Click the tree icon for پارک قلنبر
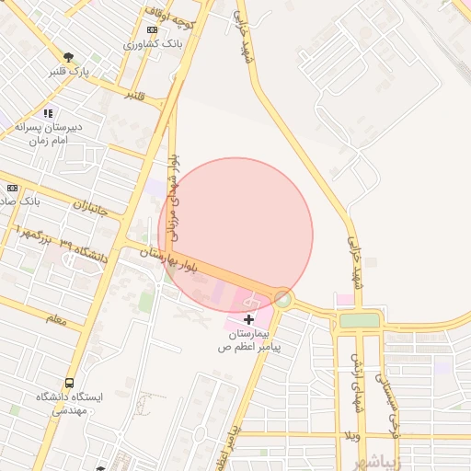point(67,57)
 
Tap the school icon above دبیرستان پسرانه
point(48,113)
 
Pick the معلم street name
point(55,318)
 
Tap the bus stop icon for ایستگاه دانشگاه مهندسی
point(70,383)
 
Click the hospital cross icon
point(248,318)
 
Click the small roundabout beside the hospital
point(283,298)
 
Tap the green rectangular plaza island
point(359,320)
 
